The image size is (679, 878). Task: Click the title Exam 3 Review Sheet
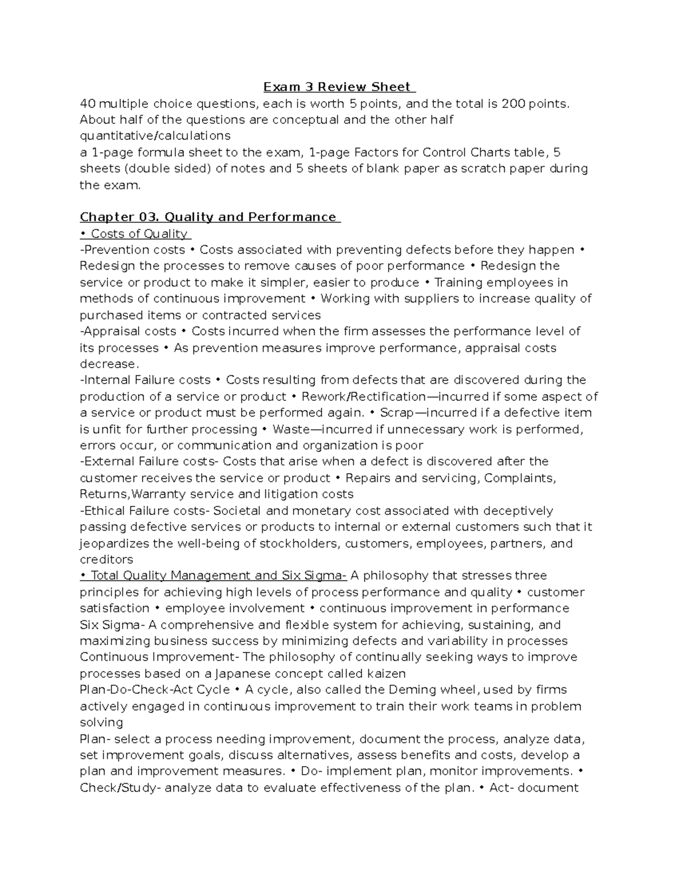pos(338,87)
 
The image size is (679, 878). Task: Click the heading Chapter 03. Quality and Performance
pos(209,217)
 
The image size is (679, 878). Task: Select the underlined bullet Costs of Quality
pos(136,233)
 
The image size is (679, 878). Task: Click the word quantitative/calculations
pos(155,136)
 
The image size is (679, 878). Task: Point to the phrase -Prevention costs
pos(132,250)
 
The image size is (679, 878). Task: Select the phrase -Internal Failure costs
pos(145,380)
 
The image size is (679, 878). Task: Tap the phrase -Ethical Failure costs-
pos(145,511)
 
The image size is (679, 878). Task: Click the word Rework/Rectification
pos(363,396)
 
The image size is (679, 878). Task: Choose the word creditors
pos(106,560)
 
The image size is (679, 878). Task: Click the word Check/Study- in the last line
pos(121,788)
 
